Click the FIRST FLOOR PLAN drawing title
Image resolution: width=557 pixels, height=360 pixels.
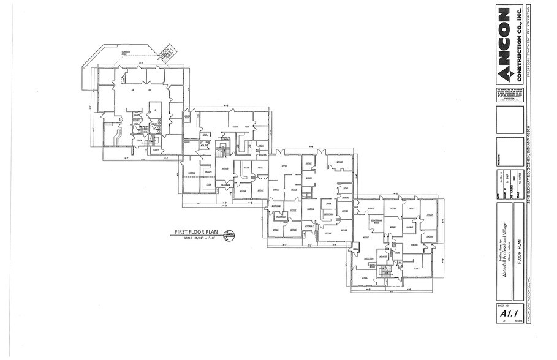[196, 232]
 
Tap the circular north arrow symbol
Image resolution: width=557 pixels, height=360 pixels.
[229, 234]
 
